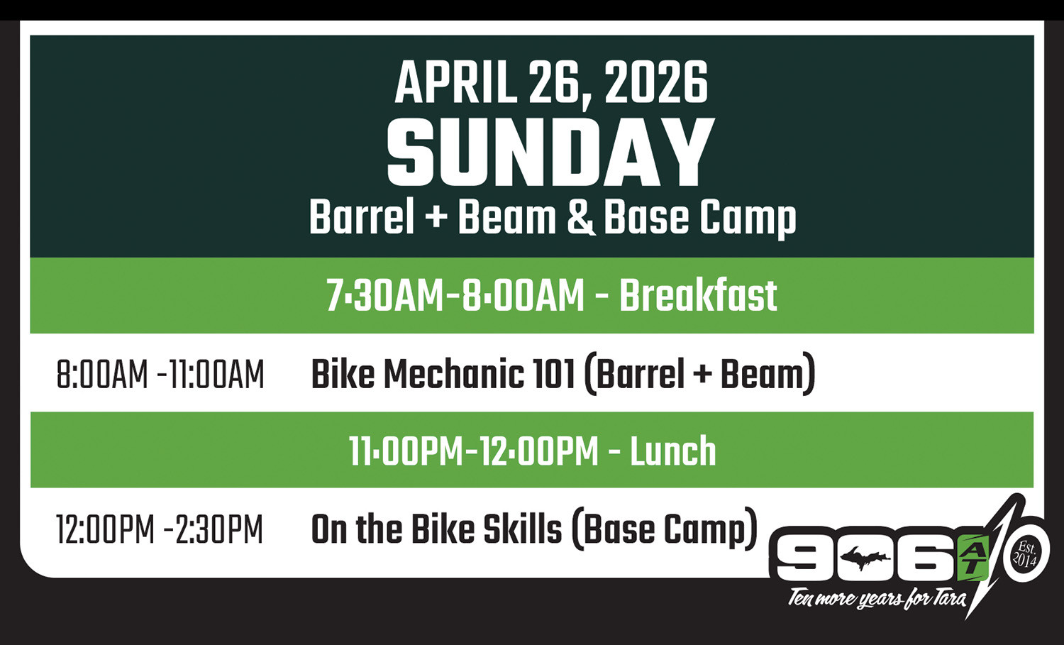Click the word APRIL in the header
point(455,83)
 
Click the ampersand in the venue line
point(580,217)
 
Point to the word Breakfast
point(698,296)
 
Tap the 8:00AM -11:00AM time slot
point(160,375)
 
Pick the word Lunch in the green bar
point(672,451)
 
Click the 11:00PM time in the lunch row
point(406,451)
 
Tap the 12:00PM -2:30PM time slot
point(160,529)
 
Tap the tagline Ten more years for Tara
point(877,599)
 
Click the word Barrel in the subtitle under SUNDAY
point(362,217)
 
